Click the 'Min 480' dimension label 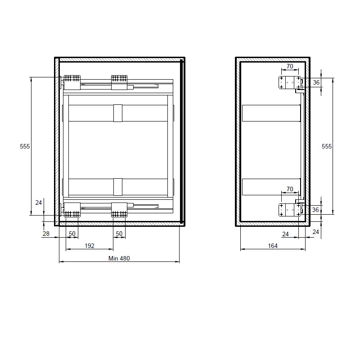click(119, 258)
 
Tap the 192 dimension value click(90, 246)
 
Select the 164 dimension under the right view click(273, 246)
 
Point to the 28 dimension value click(46, 234)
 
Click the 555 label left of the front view click(25, 146)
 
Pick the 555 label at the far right click(327, 146)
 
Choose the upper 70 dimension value click(290, 66)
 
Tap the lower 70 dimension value click(290, 189)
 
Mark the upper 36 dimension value click(316, 82)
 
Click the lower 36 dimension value click(315, 210)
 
